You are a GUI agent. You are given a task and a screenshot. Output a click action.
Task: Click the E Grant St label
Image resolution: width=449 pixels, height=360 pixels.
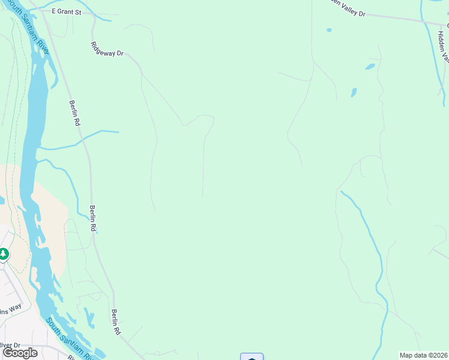[66, 11]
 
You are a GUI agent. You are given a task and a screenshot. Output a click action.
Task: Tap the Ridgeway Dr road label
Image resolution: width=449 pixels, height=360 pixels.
[107, 50]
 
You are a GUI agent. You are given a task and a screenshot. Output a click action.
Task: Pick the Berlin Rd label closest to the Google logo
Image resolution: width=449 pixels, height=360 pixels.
[115, 322]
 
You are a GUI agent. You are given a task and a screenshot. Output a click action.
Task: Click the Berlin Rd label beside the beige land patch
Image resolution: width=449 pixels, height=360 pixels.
[93, 219]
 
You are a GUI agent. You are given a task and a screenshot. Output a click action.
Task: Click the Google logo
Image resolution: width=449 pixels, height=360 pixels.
[20, 353]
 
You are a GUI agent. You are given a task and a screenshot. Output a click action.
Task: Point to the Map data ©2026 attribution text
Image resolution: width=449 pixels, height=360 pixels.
[424, 355]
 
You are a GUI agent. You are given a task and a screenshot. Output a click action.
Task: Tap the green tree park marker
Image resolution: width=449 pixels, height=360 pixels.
[4, 255]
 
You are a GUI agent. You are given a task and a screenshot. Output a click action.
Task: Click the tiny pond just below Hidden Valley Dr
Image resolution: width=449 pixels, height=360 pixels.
[329, 29]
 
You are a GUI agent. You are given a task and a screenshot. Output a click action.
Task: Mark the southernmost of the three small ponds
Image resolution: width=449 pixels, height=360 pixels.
[354, 93]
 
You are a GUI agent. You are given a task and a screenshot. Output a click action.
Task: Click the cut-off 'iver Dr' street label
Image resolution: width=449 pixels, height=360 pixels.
[10, 345]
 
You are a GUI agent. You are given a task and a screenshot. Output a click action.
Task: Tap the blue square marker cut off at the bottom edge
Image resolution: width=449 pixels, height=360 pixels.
[252, 357]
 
